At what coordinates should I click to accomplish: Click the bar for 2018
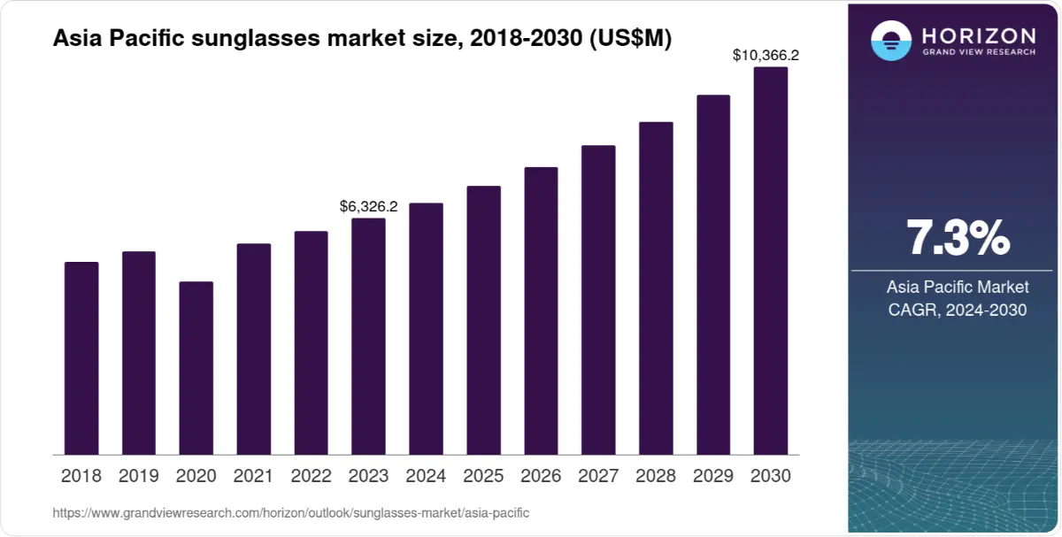coord(81,358)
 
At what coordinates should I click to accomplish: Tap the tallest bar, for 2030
coord(770,261)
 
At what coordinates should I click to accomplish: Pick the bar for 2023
coord(368,336)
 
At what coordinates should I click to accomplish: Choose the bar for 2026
coord(541,311)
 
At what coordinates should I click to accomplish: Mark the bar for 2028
coord(656,288)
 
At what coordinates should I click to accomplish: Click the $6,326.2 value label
coord(368,206)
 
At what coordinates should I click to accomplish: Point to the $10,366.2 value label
coord(766,55)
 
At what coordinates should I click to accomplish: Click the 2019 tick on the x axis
coord(138,476)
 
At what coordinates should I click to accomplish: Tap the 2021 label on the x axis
coord(253,476)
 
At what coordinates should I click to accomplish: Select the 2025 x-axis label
coord(483,476)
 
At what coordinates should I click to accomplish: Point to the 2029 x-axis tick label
coord(713,476)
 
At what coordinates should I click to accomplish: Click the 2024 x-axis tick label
coord(426,476)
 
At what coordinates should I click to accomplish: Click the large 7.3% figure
coord(958,238)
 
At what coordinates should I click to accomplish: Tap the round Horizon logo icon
coord(890,41)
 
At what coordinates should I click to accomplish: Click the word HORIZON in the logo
coord(979,35)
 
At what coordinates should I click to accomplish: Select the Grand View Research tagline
coord(979,52)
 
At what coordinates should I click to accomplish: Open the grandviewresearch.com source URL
coord(291,513)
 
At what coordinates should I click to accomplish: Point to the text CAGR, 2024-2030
coord(958,311)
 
